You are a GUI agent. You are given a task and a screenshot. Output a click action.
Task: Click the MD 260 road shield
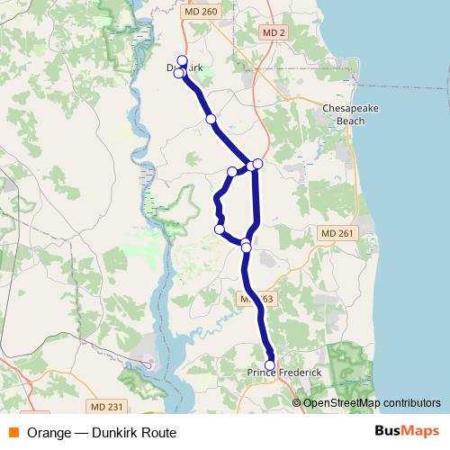click(x=205, y=12)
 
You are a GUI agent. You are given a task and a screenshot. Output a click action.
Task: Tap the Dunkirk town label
click(x=185, y=67)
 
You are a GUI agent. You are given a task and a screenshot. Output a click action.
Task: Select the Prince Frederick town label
click(x=283, y=373)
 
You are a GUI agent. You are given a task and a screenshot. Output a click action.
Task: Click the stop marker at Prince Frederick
click(x=270, y=364)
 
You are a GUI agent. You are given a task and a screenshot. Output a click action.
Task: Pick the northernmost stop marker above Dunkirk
click(x=182, y=61)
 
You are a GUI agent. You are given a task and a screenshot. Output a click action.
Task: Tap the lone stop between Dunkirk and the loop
click(x=211, y=119)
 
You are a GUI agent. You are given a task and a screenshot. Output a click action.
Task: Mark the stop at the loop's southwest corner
click(x=220, y=229)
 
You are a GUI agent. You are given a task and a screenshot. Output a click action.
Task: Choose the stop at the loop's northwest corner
click(x=232, y=171)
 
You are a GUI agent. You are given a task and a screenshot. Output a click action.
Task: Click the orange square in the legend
click(x=13, y=432)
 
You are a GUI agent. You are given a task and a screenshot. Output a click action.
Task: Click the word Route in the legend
click(x=157, y=432)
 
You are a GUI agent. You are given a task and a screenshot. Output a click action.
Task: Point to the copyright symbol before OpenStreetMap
click(x=297, y=402)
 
